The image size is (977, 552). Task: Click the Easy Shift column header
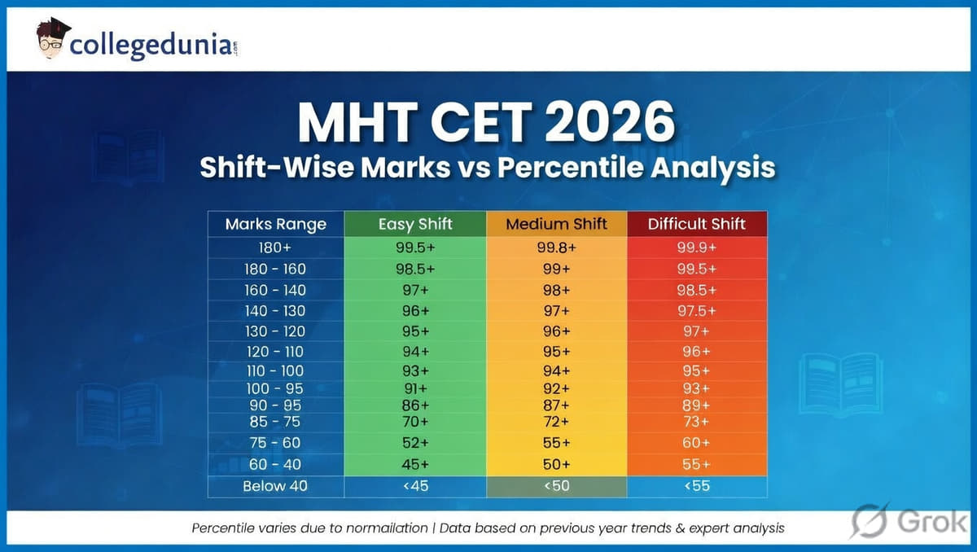[415, 224]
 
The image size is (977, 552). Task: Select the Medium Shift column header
[556, 224]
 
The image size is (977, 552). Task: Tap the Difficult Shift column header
[696, 224]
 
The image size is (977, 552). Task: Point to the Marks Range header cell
[275, 224]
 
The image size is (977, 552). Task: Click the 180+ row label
[275, 248]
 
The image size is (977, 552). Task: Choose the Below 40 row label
[275, 486]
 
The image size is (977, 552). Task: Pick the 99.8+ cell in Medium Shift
[556, 248]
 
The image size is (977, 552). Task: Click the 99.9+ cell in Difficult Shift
[696, 248]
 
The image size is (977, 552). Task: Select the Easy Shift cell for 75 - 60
[415, 442]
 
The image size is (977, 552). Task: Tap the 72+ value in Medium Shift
[556, 422]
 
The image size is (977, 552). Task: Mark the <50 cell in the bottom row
[556, 486]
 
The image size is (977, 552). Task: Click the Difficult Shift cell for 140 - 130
[696, 310]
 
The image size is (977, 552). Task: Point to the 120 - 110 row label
[275, 352]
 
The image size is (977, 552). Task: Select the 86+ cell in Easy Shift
[415, 405]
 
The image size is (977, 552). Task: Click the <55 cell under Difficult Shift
[696, 486]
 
